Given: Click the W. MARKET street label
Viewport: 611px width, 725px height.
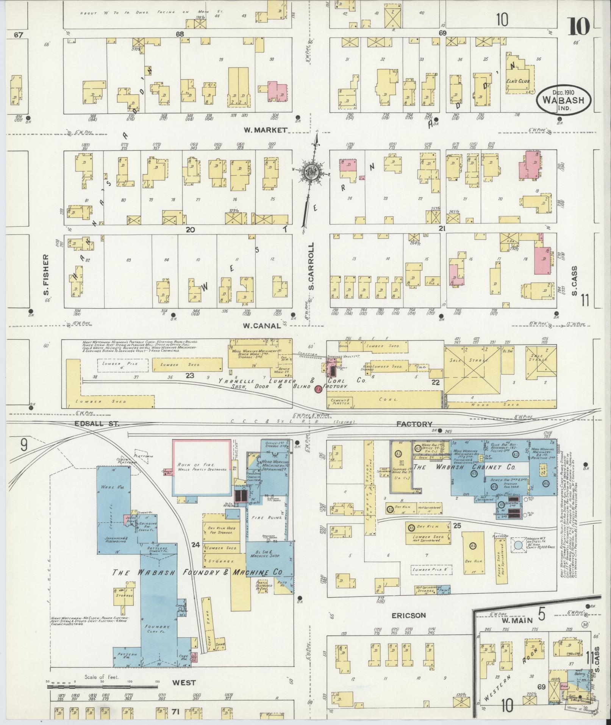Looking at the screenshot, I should (x=265, y=130).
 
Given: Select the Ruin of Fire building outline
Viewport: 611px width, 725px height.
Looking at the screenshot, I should (x=202, y=467).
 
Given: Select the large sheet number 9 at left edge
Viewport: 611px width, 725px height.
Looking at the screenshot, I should (x=23, y=445).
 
